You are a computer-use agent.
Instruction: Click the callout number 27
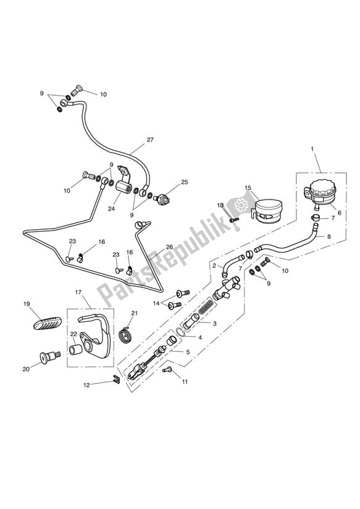tap(150, 141)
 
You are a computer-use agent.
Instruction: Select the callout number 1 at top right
tap(312, 149)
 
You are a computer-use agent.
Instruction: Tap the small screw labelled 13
tap(233, 218)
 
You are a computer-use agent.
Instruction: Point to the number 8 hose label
tap(329, 236)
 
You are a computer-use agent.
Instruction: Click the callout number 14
tap(157, 303)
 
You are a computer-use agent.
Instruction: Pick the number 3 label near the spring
tap(214, 324)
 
